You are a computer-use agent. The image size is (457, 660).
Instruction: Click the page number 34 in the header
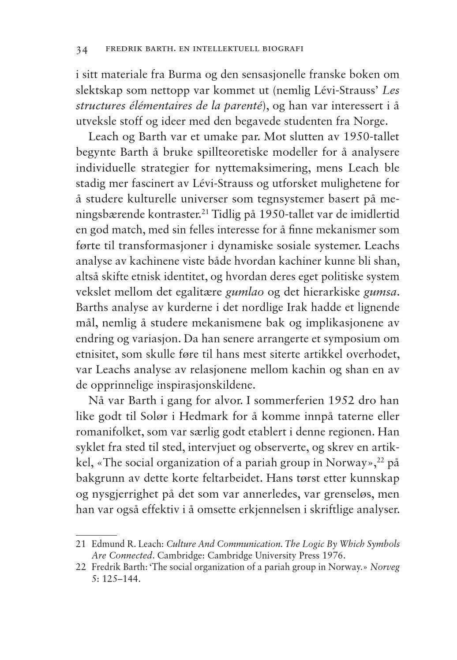(x=82, y=50)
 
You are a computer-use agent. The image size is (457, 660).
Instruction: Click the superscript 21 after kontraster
(x=205, y=213)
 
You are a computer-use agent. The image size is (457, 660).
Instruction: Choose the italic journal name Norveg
(x=385, y=567)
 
